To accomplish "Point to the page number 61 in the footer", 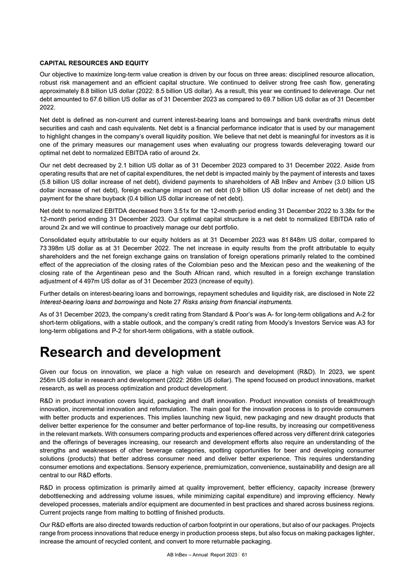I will (x=244, y=554).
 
